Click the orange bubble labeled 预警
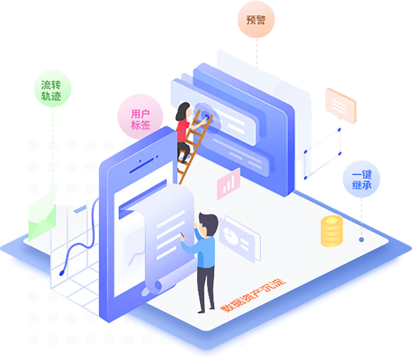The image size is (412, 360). (257, 20)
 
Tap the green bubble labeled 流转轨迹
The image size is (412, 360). (52, 89)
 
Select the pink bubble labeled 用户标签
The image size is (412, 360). (140, 117)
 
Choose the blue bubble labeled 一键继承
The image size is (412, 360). (362, 179)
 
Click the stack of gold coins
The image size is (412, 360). (332, 231)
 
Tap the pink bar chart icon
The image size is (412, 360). (228, 184)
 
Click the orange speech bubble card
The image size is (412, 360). (341, 105)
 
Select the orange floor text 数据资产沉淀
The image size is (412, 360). (253, 295)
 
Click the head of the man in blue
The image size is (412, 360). (208, 224)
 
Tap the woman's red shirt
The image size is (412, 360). (182, 130)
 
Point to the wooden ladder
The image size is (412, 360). (194, 147)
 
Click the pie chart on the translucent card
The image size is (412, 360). (230, 235)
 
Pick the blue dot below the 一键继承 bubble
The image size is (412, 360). (362, 239)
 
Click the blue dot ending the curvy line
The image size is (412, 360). (61, 273)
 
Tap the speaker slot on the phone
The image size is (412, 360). (141, 166)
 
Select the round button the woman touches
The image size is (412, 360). (206, 116)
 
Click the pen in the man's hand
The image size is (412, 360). (182, 235)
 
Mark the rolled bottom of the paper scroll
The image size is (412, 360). (153, 288)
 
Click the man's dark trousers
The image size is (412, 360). (206, 288)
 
